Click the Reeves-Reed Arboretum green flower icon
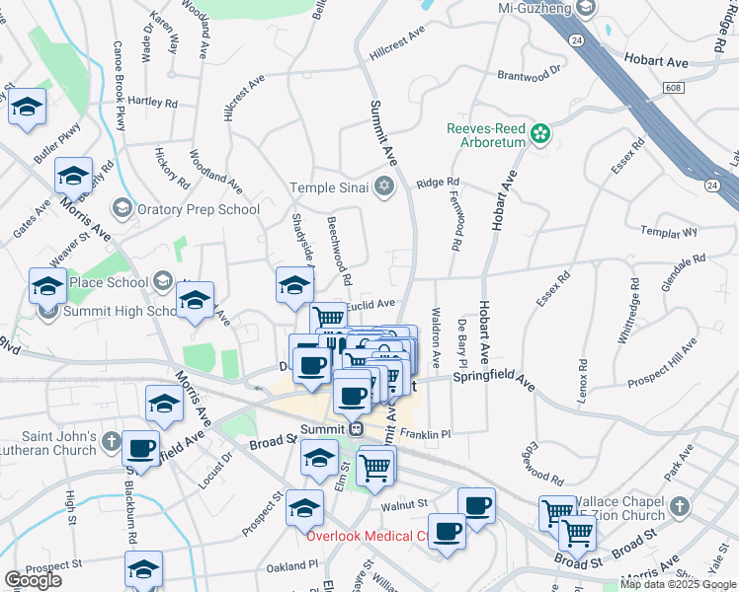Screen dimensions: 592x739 coord(540,132)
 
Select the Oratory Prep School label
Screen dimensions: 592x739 coord(199,209)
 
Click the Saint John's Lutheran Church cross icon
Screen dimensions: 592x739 coord(112,439)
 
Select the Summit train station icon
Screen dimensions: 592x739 coord(357,429)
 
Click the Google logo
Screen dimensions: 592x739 coord(33,580)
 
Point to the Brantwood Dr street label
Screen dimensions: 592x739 coord(529,73)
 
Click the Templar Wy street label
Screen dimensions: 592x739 coord(669,233)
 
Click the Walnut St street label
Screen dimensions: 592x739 coord(402,505)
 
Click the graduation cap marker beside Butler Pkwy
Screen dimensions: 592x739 coord(27,106)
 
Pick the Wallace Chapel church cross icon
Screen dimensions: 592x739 coord(678,507)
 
